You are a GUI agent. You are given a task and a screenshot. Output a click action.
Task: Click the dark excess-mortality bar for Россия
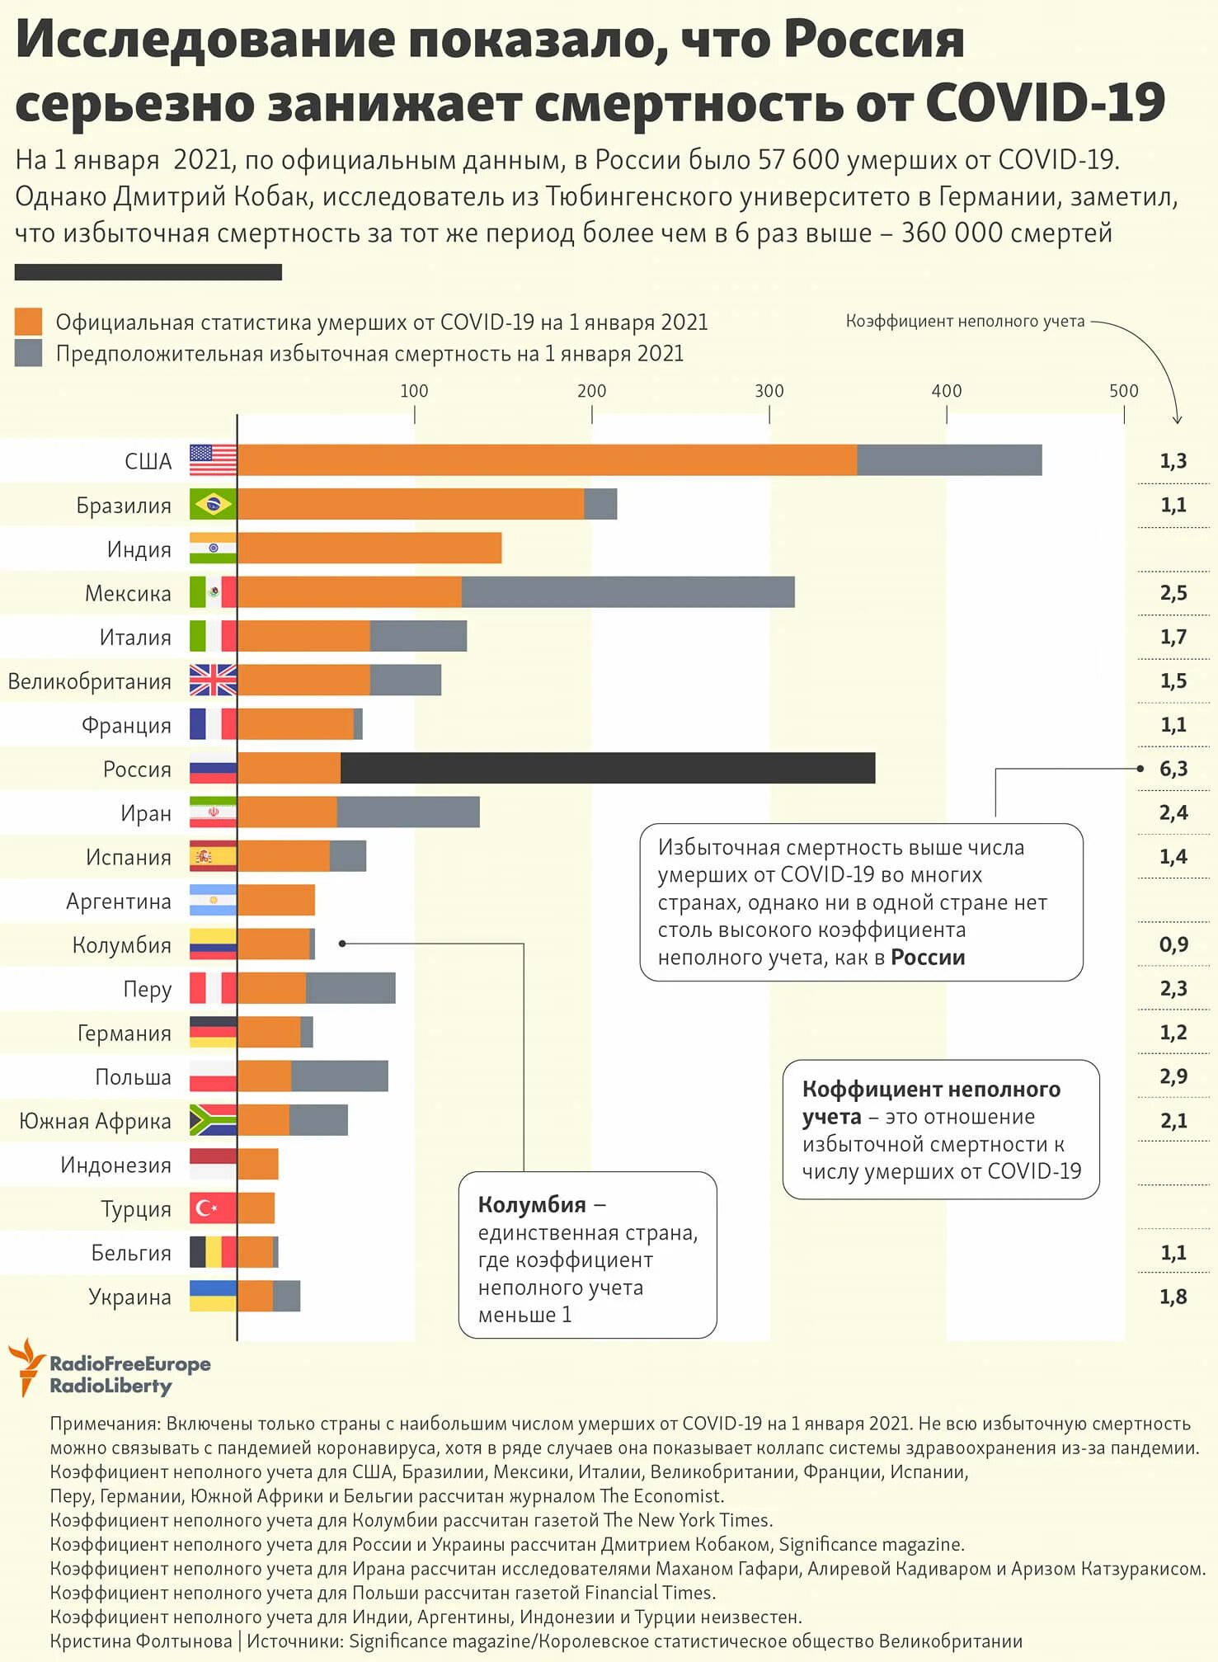[x=607, y=768]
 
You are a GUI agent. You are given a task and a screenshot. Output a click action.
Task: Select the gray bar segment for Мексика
[x=628, y=592]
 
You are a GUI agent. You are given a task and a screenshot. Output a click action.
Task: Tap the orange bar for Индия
[x=369, y=549]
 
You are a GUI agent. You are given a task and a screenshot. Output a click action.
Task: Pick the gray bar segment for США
[x=949, y=460]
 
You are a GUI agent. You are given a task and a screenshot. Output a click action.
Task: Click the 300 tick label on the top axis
[x=769, y=391]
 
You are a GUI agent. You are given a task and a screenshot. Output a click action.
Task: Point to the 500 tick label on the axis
[x=1123, y=391]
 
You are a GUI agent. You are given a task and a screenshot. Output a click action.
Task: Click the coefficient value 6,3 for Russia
[x=1173, y=769]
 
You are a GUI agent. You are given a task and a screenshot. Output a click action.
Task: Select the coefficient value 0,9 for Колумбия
[x=1173, y=944]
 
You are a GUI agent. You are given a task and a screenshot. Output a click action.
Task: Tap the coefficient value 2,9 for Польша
[x=1173, y=1076]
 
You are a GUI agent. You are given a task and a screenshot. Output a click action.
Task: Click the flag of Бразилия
[x=213, y=504]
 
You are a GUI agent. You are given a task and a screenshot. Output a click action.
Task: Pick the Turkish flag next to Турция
[x=213, y=1208]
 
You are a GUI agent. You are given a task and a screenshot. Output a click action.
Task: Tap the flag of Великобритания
[x=213, y=680]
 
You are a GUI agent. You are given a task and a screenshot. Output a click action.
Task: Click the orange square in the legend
[x=28, y=322]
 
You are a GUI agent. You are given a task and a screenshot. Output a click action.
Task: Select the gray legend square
[x=28, y=353]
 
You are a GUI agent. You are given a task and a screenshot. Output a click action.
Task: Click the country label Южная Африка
[x=96, y=1121]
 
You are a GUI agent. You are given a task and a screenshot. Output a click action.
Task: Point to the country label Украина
[x=130, y=1297]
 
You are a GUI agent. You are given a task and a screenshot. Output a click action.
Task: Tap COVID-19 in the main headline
[x=1045, y=103]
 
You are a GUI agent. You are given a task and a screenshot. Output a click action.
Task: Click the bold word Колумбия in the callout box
[x=532, y=1205]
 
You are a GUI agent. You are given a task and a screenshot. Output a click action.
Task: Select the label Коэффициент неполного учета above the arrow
[x=965, y=322]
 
